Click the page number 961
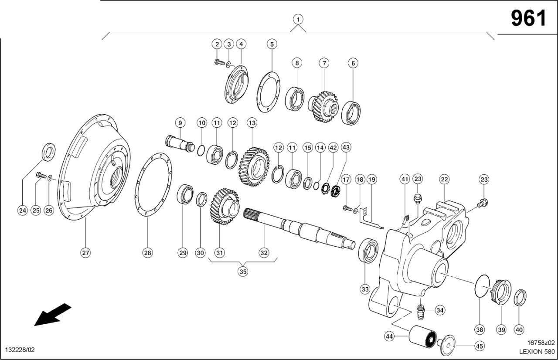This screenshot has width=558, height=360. [x=528, y=18]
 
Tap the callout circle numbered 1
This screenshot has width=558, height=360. [x=298, y=19]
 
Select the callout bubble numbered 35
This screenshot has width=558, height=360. [x=243, y=271]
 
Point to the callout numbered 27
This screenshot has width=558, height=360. [x=85, y=253]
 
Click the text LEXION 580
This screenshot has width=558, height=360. [x=537, y=351]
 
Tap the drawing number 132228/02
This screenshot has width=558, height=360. [x=20, y=350]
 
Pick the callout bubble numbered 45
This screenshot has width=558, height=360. [x=480, y=346]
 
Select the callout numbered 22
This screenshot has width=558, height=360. [x=444, y=179]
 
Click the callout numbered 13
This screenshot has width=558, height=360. [x=252, y=123]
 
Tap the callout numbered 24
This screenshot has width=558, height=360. [x=22, y=211]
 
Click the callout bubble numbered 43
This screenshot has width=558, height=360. [x=346, y=148]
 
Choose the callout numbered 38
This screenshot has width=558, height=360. [x=480, y=329]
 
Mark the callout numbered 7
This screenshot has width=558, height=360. [x=323, y=63]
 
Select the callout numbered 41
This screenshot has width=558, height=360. [x=405, y=179]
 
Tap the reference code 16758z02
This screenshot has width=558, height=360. [x=541, y=343]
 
